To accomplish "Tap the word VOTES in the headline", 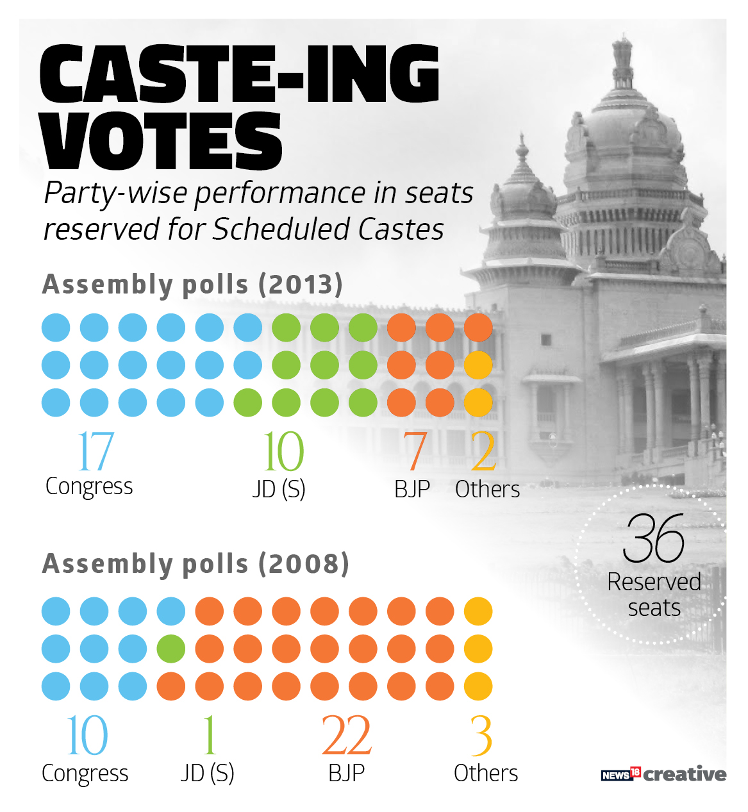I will click(x=162, y=142).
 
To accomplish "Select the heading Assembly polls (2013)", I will click(x=192, y=285).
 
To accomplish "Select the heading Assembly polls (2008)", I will click(x=195, y=564).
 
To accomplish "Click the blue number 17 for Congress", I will click(x=95, y=451).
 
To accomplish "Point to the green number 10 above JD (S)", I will click(x=283, y=451).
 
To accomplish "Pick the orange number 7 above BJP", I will click(x=415, y=451).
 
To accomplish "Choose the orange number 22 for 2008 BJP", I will click(x=346, y=736).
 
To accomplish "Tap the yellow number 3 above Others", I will click(x=481, y=736).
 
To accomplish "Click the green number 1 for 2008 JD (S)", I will click(x=209, y=736).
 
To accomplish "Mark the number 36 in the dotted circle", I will click(x=654, y=538).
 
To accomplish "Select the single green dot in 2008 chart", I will click(x=171, y=649).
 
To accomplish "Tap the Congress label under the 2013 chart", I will click(x=89, y=487).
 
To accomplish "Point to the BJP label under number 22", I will click(x=346, y=773).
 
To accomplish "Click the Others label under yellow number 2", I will click(x=487, y=490).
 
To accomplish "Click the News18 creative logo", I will click(x=663, y=774).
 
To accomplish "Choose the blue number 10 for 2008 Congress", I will click(x=87, y=736).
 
